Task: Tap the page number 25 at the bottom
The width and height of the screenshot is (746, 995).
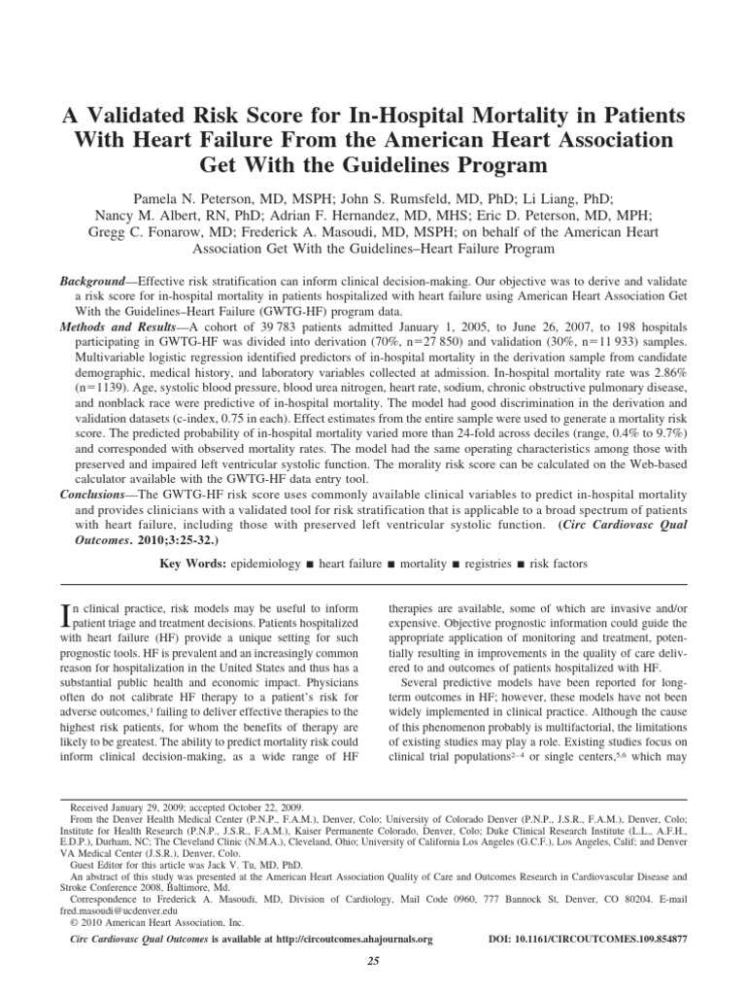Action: (x=372, y=961)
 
